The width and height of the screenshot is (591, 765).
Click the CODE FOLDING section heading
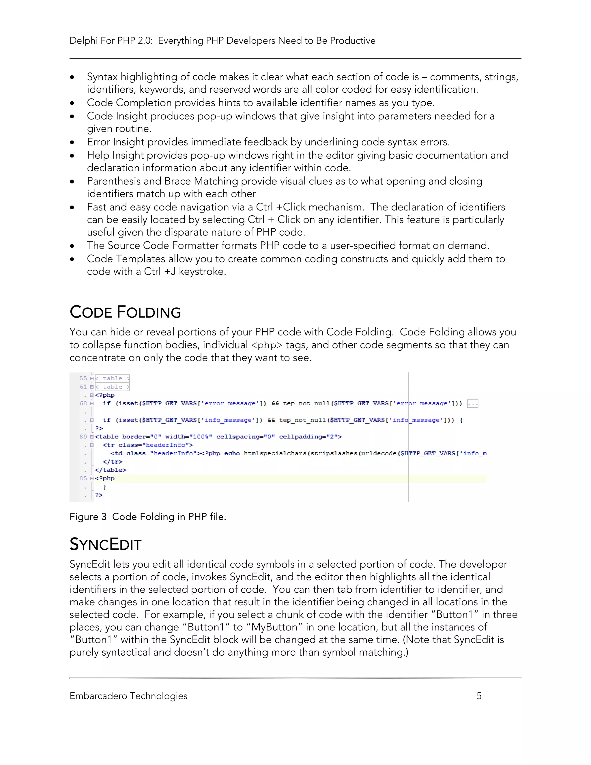point(125,312)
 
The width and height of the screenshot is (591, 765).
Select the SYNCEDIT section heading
point(105,544)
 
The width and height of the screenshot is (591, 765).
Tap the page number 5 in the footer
point(479,696)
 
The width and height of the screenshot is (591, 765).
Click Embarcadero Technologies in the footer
point(128,696)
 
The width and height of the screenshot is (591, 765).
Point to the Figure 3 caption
point(148,517)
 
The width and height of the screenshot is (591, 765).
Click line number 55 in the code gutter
point(83,378)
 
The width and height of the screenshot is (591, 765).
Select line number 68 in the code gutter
point(83,404)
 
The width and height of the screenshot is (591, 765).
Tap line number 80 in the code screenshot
point(83,437)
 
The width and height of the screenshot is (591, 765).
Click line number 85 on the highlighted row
point(83,478)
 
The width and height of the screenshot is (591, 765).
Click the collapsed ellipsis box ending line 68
point(473,404)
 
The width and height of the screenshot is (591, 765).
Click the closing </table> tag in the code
point(111,470)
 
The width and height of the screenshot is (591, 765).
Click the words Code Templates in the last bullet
point(126,259)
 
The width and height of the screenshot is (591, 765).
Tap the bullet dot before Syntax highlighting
point(72,77)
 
